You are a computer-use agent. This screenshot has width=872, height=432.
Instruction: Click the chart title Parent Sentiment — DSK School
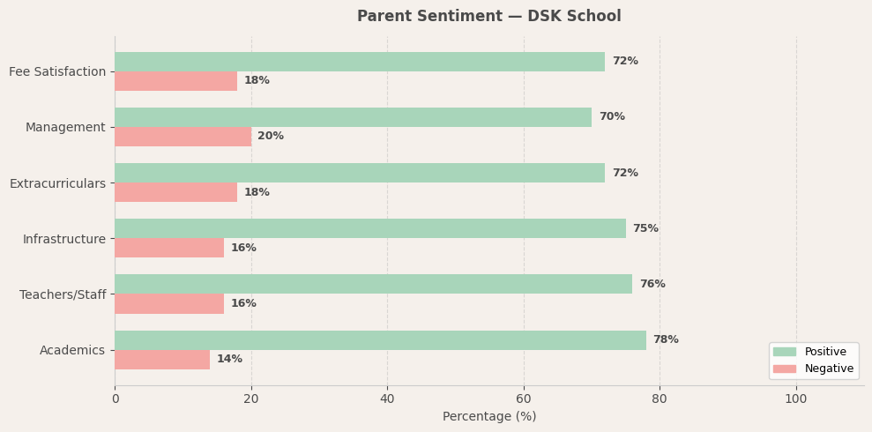488,17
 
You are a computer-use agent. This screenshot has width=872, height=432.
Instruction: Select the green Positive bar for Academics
380,340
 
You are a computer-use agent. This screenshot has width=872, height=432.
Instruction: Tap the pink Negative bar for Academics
162,360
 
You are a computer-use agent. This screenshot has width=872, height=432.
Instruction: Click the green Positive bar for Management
353,117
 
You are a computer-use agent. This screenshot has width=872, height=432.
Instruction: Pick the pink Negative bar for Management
183,137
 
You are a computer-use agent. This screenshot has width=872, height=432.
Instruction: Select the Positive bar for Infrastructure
370,228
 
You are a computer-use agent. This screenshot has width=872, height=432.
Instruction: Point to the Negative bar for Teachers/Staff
169,304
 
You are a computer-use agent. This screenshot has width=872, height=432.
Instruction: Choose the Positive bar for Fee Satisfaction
360,62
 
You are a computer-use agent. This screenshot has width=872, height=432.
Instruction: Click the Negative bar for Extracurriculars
175,192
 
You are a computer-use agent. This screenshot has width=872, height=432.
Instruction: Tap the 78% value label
666,340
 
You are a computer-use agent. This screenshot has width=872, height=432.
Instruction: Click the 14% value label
229,360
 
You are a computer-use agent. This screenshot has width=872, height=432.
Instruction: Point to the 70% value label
612,117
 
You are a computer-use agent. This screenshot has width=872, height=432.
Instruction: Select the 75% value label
645,229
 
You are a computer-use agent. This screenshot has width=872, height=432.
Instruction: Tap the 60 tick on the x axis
524,399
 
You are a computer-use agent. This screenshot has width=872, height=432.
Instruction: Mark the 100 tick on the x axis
796,399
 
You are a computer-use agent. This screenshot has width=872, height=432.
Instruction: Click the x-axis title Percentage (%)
489,417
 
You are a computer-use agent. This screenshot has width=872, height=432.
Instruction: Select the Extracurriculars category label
57,183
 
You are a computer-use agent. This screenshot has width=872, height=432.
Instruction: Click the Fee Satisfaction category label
57,71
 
